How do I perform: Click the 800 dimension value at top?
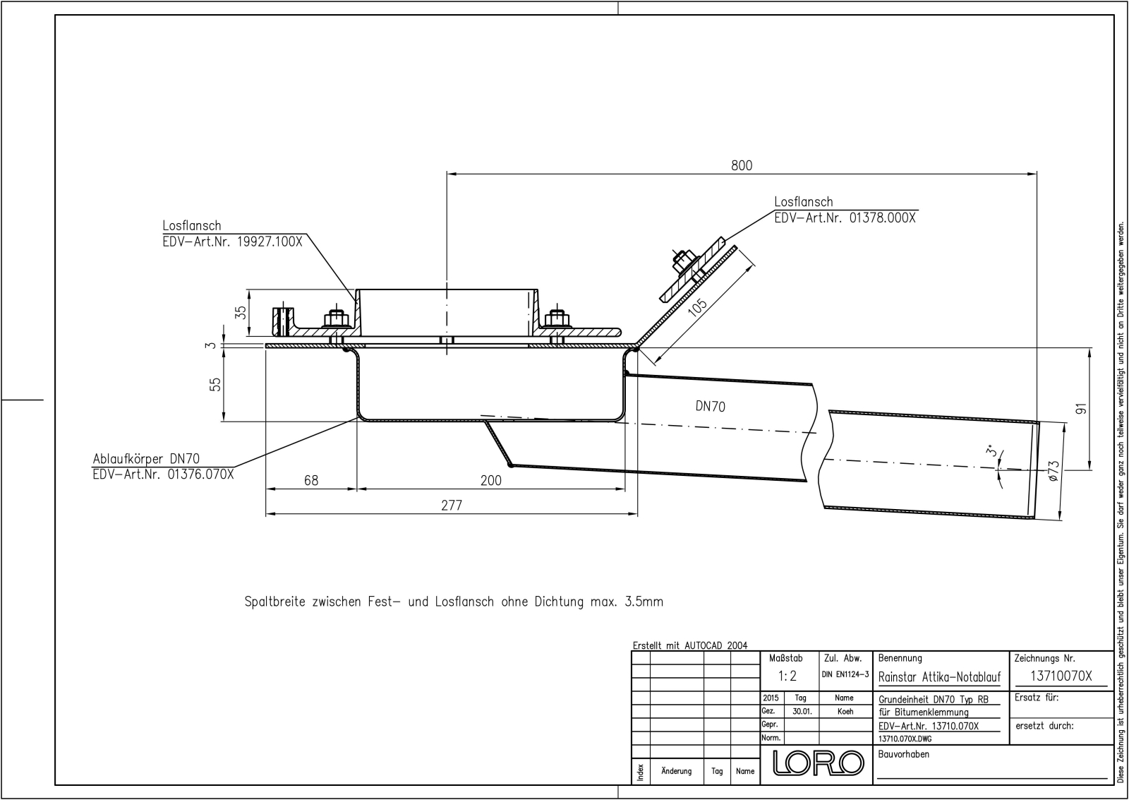coord(741,165)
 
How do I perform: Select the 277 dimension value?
coord(451,505)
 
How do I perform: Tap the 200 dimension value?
coord(490,480)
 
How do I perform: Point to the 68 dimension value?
coord(310,480)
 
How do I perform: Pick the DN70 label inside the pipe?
coord(710,406)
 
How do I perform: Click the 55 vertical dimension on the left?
coord(216,384)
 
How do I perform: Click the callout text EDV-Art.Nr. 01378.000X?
coord(845,217)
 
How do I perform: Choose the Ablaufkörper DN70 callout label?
coord(146,459)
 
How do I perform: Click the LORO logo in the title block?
coord(817,762)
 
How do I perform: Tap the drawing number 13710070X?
coord(1061,676)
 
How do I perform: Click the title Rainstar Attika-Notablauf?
coord(939,677)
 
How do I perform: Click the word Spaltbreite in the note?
coord(275,602)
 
